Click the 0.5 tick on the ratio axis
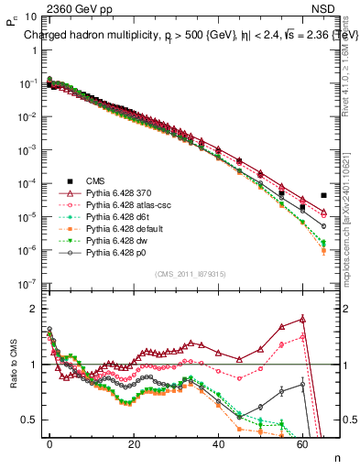[x=27, y=420]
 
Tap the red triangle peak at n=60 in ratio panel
[x=302, y=319]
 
